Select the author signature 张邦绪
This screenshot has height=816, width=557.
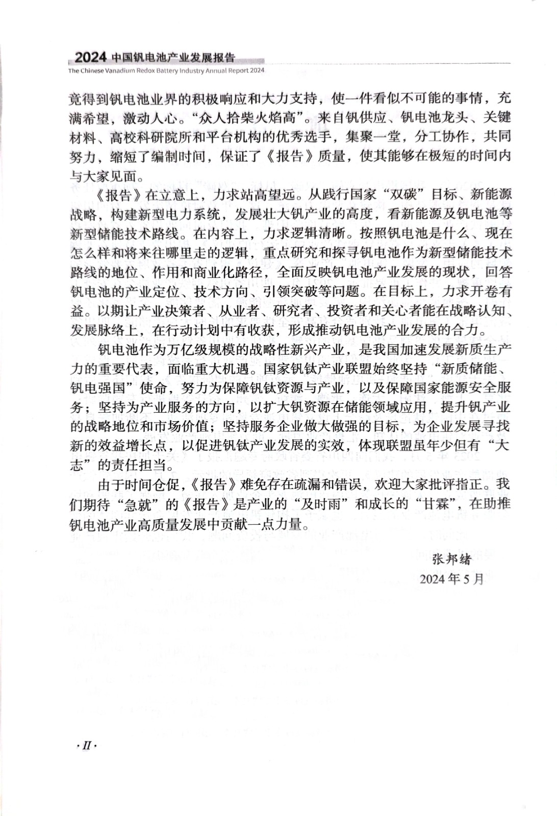tap(452, 559)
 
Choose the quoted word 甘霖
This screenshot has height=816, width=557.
tap(435, 504)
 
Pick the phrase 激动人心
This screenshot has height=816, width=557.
tap(151, 117)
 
